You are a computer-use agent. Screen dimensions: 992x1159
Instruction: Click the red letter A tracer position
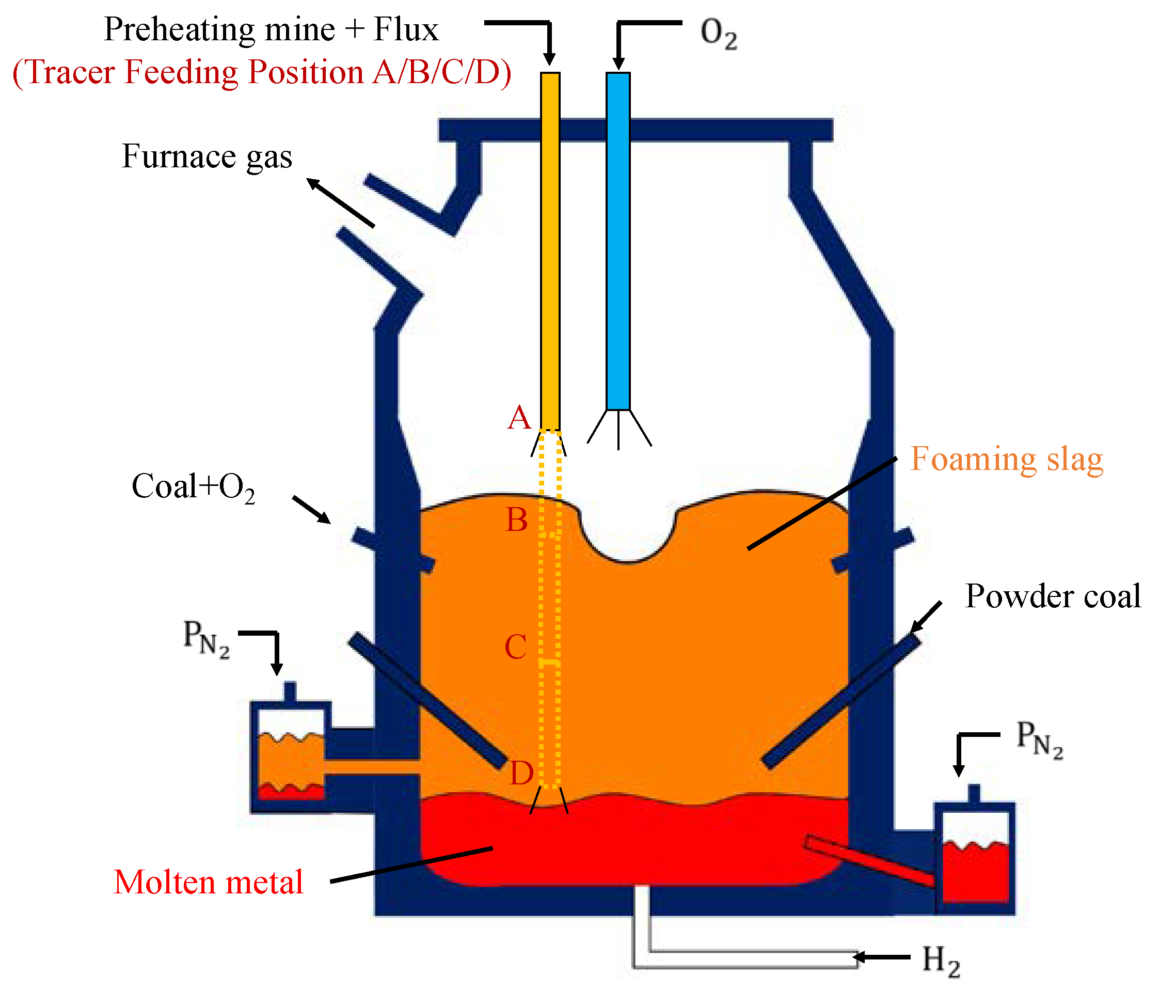point(518,418)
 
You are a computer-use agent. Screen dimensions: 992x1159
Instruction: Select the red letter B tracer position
point(516,521)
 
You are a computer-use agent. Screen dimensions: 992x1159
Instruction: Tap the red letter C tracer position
point(515,648)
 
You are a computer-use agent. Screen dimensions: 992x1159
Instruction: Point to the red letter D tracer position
point(521,774)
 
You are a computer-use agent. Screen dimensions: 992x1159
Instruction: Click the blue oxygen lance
point(618,241)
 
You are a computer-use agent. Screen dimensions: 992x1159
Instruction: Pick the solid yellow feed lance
point(550,252)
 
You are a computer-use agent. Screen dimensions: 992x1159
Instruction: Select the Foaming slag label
point(1006,460)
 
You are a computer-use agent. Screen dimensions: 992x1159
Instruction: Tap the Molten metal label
point(208,883)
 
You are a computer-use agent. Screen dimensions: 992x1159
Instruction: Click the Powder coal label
point(1053,596)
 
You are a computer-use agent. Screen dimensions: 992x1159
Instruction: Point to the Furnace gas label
point(207,156)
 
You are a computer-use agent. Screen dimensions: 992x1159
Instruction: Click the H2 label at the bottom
point(941,961)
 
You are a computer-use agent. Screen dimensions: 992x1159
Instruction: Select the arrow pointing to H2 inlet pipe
point(882,957)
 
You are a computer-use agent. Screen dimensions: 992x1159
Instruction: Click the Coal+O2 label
point(193,487)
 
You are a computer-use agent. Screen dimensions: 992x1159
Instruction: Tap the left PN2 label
point(206,639)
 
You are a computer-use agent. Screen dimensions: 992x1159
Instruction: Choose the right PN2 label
point(1039,739)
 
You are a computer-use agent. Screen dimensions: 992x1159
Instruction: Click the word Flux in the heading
point(406,29)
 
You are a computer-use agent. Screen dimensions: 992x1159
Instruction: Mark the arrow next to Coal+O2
point(312,509)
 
